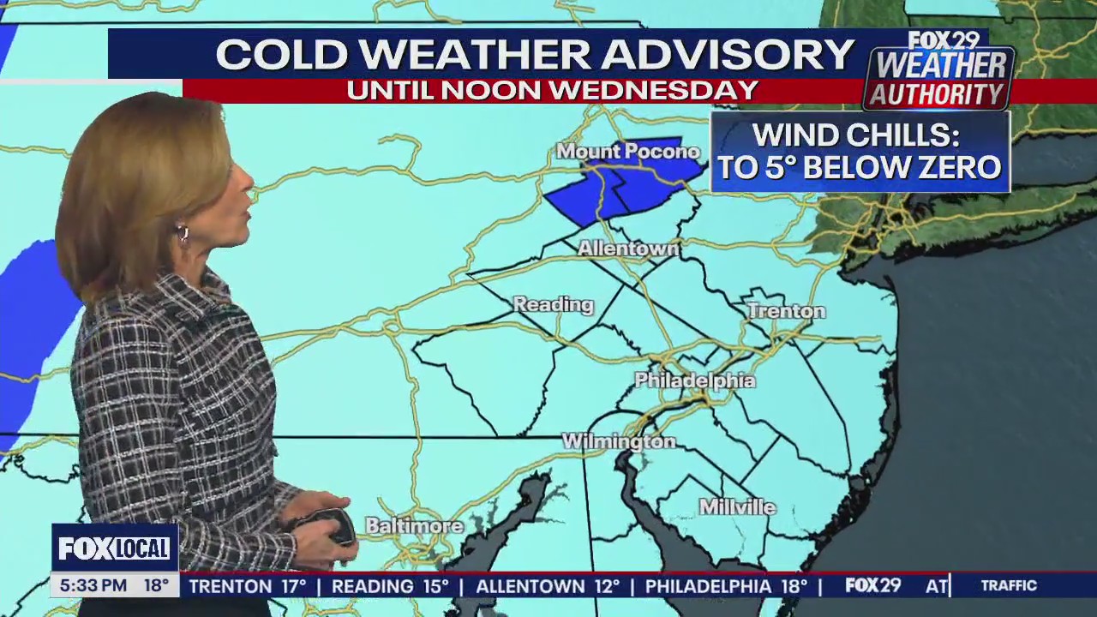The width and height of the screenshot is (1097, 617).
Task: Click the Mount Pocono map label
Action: click(x=628, y=152)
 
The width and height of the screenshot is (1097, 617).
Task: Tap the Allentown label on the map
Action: click(x=628, y=249)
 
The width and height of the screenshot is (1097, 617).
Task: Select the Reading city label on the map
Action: click(x=553, y=304)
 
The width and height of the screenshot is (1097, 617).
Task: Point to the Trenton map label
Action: click(x=786, y=311)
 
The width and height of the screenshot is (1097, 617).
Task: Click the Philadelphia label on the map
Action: click(x=695, y=380)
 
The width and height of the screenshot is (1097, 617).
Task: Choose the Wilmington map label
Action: click(x=619, y=442)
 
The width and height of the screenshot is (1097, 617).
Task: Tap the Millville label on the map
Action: click(x=738, y=507)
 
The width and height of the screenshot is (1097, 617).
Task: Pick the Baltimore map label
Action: click(x=414, y=525)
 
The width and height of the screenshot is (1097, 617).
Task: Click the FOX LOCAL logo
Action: click(x=114, y=548)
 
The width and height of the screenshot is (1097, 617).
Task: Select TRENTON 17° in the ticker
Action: click(x=248, y=586)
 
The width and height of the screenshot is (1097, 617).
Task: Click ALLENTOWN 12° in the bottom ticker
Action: click(x=548, y=586)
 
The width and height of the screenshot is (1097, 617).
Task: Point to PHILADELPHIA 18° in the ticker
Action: click(x=726, y=586)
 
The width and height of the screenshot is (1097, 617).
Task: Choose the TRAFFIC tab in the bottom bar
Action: click(x=1009, y=586)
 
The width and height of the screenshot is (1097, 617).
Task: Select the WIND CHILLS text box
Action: click(x=860, y=152)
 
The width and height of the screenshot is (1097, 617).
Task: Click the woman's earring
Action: click(x=183, y=233)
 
